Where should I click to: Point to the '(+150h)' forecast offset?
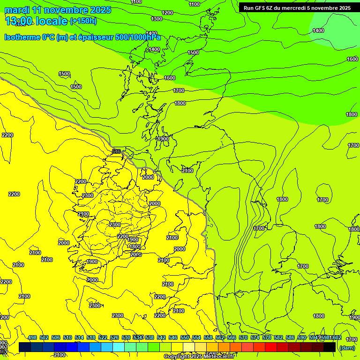coord(83,21)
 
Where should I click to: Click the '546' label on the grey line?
coord(117,151)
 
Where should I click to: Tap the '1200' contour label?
coord(167,13)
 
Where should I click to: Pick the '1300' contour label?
coord(157,19)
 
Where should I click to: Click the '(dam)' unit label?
coord(346,348)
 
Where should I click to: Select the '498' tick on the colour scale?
coord(32,337)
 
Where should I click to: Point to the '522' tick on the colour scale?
coord(103,337)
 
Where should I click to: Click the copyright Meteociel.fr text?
coord(199,357)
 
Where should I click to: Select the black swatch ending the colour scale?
coord(330,347)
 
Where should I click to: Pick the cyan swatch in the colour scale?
coord(119,347)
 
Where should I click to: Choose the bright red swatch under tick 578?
coord(271,347)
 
